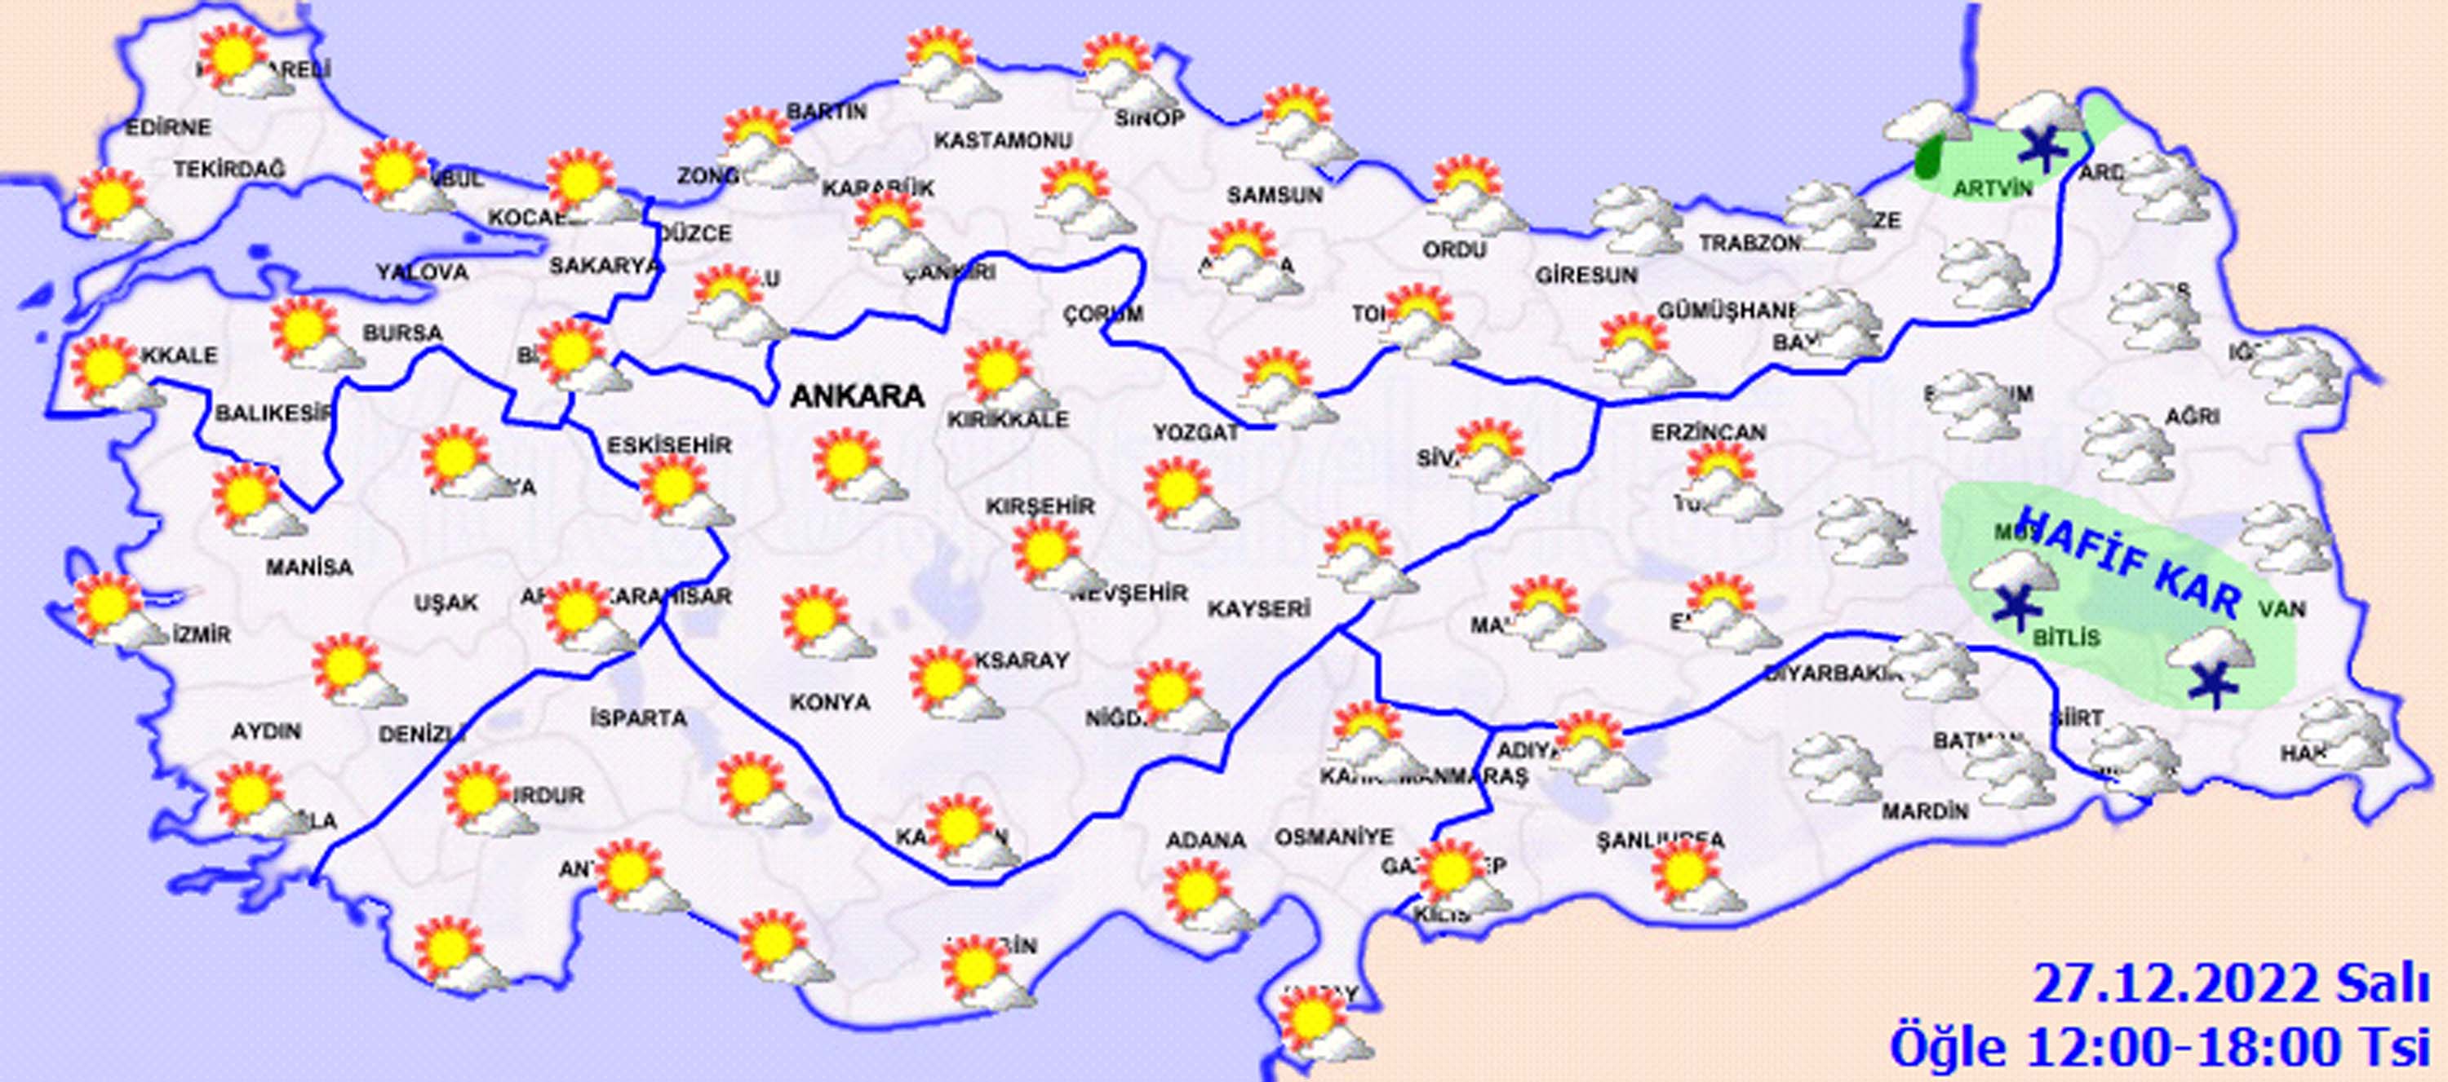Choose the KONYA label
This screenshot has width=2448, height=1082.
(x=830, y=702)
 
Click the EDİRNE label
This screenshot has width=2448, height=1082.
(x=168, y=127)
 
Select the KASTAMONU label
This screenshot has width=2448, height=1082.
(x=1003, y=140)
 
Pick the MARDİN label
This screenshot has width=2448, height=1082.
(x=1925, y=812)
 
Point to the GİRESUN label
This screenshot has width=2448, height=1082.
(x=1586, y=276)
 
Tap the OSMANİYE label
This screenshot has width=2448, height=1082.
(x=1333, y=837)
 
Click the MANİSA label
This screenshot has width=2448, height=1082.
(x=308, y=568)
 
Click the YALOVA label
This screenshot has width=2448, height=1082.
(x=422, y=272)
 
